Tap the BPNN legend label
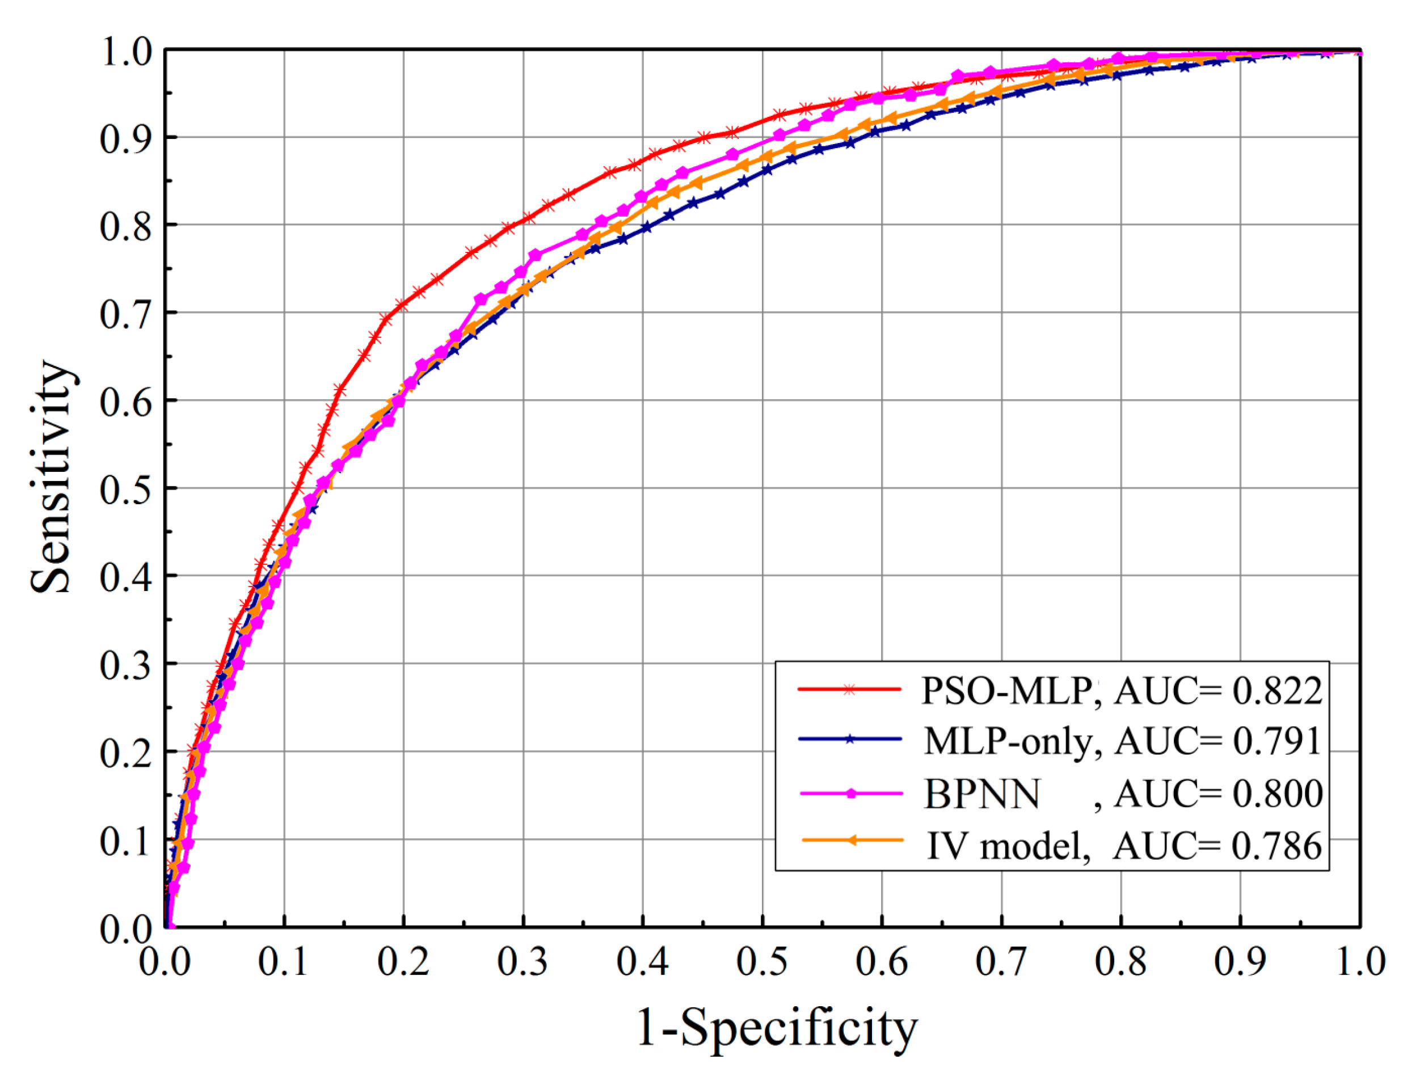(x=982, y=795)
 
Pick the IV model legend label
(x=1008, y=846)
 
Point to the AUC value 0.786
(x=1277, y=846)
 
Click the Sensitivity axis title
(x=52, y=476)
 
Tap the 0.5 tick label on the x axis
(x=761, y=962)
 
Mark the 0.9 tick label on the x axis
(x=1240, y=962)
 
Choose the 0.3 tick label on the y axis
(x=125, y=665)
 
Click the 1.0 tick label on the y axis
(x=125, y=52)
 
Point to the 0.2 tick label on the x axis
(x=403, y=962)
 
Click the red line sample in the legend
(x=849, y=690)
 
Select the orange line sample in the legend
(x=852, y=841)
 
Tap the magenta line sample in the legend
(x=850, y=794)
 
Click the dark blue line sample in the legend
(x=849, y=739)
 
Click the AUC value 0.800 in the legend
(x=1278, y=795)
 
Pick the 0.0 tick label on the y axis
(x=125, y=930)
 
